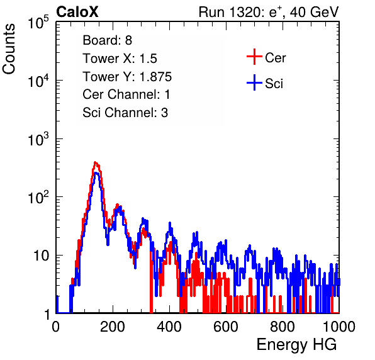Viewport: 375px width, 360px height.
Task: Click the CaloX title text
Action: point(77,12)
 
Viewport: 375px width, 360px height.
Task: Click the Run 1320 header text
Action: point(269,12)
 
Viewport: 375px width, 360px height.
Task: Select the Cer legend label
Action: point(275,58)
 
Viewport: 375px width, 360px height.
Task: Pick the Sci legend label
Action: point(274,83)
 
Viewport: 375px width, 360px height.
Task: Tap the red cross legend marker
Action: point(254,57)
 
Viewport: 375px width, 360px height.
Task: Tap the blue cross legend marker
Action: point(254,82)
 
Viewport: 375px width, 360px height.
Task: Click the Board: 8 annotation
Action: point(107,40)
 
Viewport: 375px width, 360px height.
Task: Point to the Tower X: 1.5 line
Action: point(120,59)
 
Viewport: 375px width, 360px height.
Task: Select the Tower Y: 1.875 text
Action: point(127,77)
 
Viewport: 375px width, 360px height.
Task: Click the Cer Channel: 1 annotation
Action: point(126,94)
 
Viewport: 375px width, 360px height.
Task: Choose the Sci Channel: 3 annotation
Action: point(125,113)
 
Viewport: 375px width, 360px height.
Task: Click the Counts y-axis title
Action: point(9,49)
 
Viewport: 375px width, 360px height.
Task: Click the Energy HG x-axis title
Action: point(296,344)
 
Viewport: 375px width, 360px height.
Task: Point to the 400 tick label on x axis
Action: point(169,327)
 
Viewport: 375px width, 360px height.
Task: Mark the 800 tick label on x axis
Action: point(283,327)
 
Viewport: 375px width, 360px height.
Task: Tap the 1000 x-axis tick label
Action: point(339,327)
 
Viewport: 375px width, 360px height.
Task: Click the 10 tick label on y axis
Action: point(42,256)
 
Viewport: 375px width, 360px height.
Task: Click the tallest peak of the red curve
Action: point(96,162)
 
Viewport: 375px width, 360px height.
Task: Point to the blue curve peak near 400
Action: point(170,223)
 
